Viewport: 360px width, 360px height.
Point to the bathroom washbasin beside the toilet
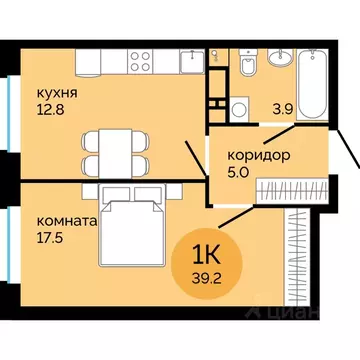pyautogui.click(x=279, y=57)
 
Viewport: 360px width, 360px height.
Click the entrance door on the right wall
pyautogui.click(x=349, y=160)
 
